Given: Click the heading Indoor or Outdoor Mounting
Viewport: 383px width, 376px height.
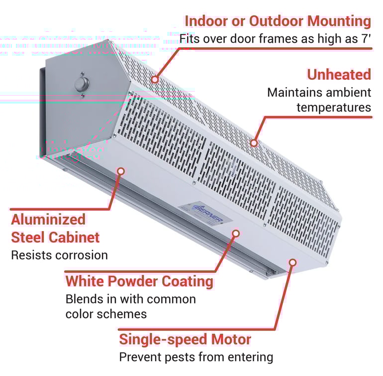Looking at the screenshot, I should pyautogui.click(x=278, y=21).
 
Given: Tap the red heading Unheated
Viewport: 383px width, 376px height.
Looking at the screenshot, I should pyautogui.click(x=339, y=75).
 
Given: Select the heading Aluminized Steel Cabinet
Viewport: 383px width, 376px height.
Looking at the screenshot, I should pyautogui.click(x=55, y=228).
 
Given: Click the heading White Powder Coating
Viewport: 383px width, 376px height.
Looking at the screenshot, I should pyautogui.click(x=139, y=281).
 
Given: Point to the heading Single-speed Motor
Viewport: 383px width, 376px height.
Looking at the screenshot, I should pyautogui.click(x=185, y=340).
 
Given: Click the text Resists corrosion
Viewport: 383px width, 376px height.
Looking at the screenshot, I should pyautogui.click(x=59, y=255).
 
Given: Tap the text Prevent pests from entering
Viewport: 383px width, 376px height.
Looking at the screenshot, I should pyautogui.click(x=196, y=357).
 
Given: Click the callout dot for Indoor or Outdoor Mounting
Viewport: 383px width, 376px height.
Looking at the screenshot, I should pyautogui.click(x=155, y=79).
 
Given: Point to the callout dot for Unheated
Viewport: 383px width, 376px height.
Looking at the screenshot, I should pyautogui.click(x=254, y=143).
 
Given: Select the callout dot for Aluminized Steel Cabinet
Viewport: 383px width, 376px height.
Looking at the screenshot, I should pyautogui.click(x=120, y=171).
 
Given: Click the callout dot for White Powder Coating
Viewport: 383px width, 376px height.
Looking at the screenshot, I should pyautogui.click(x=236, y=233).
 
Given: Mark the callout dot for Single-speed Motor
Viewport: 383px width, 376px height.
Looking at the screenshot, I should pyautogui.click(x=292, y=261).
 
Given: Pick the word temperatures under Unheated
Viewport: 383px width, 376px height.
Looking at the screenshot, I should pyautogui.click(x=334, y=107).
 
